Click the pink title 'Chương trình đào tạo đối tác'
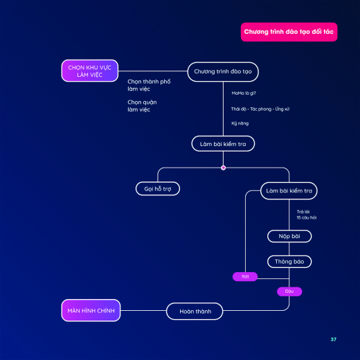289,32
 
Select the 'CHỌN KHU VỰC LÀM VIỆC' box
90,71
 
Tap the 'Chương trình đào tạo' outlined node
223,72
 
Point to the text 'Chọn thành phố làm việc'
149,85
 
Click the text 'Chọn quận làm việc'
142,106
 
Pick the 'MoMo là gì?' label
244,93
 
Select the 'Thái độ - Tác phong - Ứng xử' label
260,109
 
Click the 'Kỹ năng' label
240,123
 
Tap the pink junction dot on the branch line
223,168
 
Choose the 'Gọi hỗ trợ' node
158,189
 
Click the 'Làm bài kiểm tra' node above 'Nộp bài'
289,191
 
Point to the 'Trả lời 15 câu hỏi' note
307,215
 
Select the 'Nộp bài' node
289,236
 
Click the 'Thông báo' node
289,262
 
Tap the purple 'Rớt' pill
245,276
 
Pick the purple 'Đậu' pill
289,291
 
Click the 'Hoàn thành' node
195,312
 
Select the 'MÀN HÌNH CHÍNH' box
91,310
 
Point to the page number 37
333,339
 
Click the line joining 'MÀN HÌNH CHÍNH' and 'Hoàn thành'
143,310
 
